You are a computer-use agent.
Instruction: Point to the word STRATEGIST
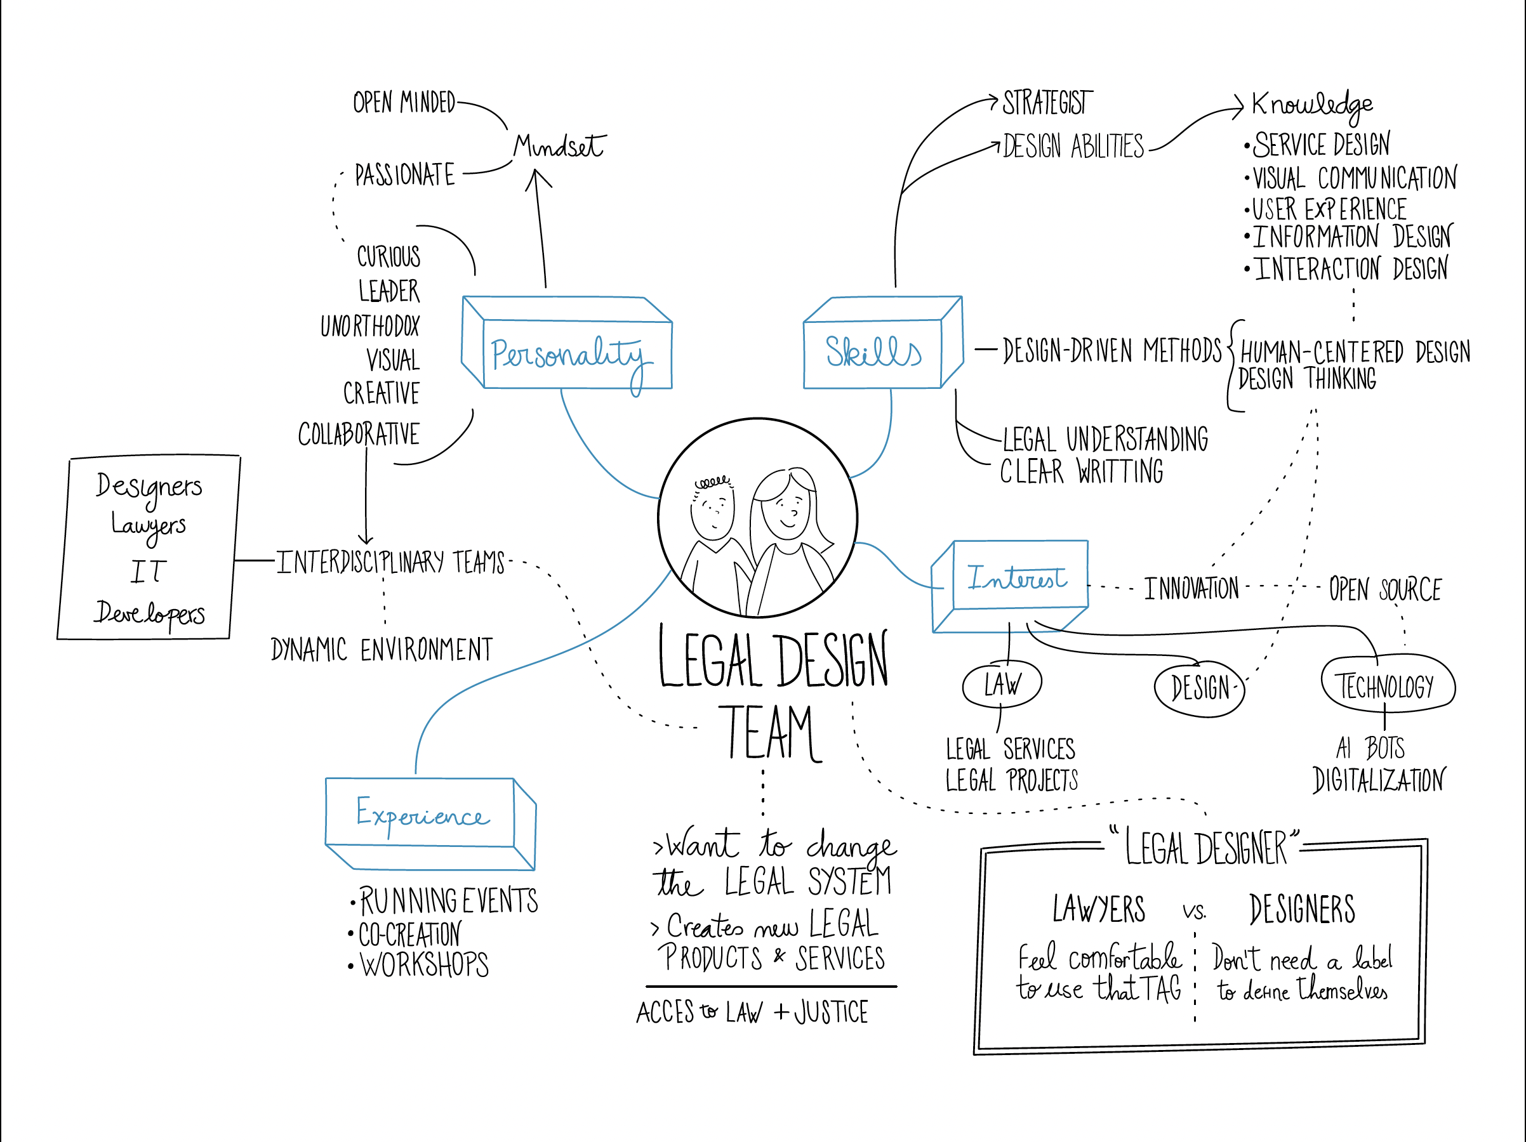coord(1047,103)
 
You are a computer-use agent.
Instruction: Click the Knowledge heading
coord(1311,105)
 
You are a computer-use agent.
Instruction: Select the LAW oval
coord(1002,685)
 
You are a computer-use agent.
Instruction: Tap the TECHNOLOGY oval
coord(1386,686)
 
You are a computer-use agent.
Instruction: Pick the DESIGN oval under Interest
coord(1200,688)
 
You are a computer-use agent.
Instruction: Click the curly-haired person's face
coord(713,510)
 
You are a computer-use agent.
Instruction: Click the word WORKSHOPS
coord(424,965)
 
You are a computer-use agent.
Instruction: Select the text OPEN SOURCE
coord(1385,589)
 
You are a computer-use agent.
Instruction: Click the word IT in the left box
coord(149,572)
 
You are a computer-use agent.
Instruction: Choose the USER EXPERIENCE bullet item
coord(1329,209)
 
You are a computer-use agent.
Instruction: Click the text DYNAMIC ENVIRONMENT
coord(381,650)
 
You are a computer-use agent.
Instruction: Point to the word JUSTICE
coord(832,1013)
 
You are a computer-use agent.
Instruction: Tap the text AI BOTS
coord(1370,747)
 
